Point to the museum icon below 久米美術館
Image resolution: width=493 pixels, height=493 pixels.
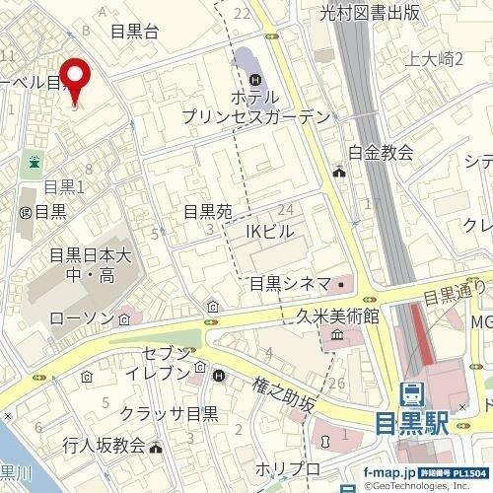pos(336,337)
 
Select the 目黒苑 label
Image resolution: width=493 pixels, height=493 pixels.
pos(207,212)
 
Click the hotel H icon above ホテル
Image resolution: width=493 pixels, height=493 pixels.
pos(255,79)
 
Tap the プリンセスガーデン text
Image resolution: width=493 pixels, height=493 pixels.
pos(254,116)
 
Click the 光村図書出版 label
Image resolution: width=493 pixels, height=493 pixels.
pos(371,12)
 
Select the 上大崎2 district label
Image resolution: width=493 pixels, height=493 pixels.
pos(435,59)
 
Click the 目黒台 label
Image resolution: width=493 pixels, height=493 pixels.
pos(135,32)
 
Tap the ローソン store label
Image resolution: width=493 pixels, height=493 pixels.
pos(82,319)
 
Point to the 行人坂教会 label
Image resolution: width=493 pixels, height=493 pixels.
pos(103,445)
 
